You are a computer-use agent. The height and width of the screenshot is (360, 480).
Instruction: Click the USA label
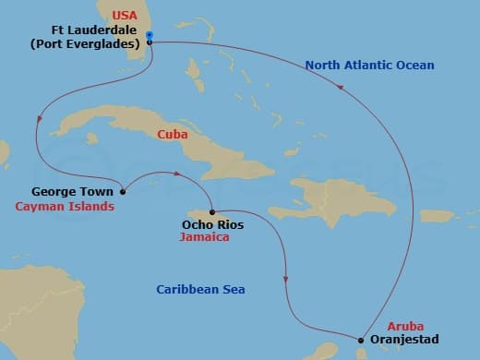pos(124,16)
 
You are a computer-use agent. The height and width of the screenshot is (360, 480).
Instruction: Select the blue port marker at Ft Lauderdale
pos(150,36)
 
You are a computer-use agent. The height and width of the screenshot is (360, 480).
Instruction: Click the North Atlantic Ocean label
pos(368,66)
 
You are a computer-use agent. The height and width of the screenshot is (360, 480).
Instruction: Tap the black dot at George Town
pos(125,192)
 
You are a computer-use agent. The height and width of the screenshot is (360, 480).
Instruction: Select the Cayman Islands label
pos(65,207)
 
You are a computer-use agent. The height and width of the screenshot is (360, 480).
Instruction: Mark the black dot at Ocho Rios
pos(212,210)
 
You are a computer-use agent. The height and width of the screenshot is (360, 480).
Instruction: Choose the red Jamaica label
pos(205,237)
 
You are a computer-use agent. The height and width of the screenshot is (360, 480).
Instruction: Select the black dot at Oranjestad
pos(360,339)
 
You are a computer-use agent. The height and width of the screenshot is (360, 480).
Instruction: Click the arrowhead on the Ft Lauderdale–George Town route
pos(39,118)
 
